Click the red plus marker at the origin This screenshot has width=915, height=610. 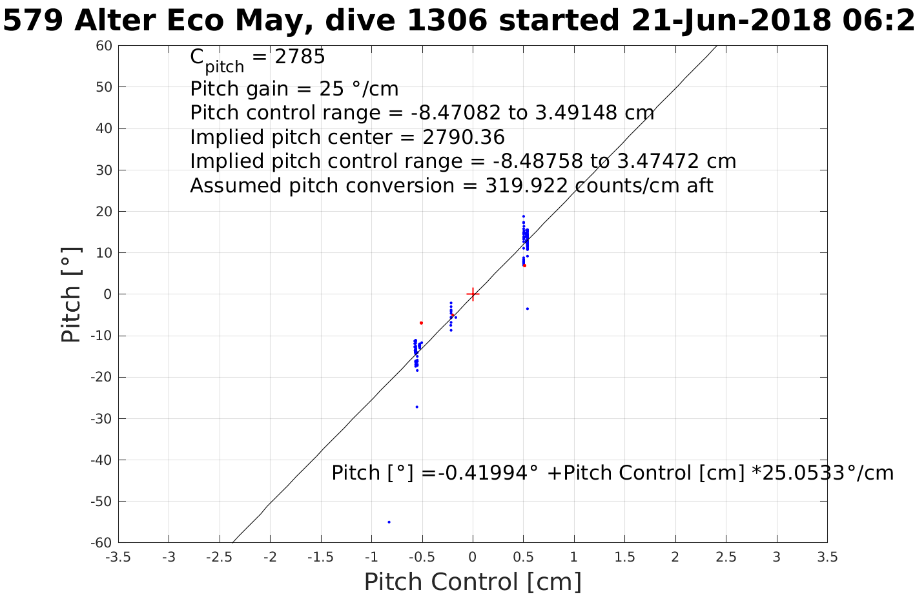point(473,294)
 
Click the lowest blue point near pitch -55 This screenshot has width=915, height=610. point(389,522)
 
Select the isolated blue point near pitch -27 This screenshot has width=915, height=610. point(416,407)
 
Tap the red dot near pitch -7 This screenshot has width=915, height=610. point(421,323)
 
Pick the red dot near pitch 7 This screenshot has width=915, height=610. point(524,265)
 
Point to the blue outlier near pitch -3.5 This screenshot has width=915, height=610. point(527,309)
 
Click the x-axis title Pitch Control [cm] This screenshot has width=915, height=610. point(473,582)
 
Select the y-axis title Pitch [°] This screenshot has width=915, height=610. point(71,294)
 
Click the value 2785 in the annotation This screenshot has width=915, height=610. point(300,57)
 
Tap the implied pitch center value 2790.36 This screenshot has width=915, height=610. point(464,137)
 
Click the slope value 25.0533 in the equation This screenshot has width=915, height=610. point(801,473)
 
